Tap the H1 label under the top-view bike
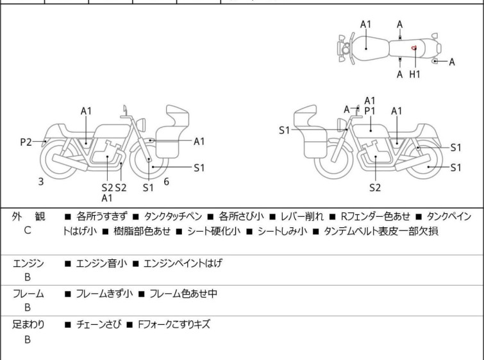tap(415, 74)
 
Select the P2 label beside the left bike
tap(26, 142)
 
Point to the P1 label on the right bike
tap(369, 110)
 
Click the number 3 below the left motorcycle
tap(41, 182)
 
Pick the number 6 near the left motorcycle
tap(166, 182)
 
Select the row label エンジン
tap(28, 263)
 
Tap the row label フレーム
tap(28, 294)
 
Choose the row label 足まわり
tap(28, 325)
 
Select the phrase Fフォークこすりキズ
tap(173, 325)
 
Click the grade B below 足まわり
tap(27, 339)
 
